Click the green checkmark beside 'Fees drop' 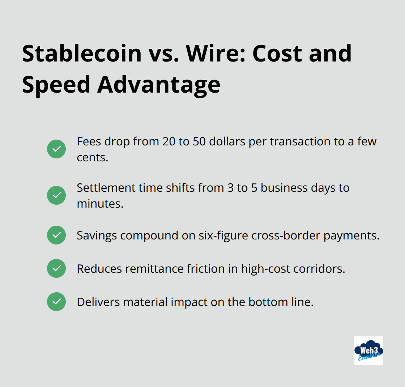(x=56, y=149)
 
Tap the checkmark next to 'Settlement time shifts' (x=56, y=195)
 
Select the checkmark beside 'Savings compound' (x=56, y=235)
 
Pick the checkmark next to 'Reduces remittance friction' (x=56, y=268)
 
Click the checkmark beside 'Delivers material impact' (x=56, y=302)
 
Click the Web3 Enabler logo (x=368, y=351)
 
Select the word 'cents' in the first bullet (x=92, y=157)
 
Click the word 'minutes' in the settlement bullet (x=100, y=204)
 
